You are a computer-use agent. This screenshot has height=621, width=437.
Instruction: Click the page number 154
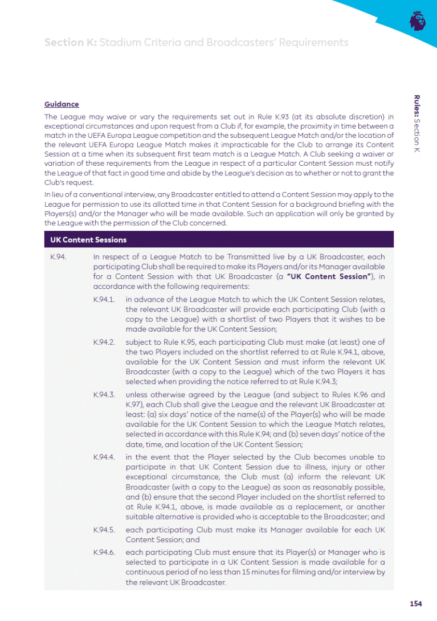tap(415, 604)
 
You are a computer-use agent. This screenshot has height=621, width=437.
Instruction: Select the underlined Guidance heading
tap(62, 104)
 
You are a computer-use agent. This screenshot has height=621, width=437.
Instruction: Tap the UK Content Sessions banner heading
tap(89, 239)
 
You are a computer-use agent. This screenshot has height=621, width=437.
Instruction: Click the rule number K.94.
tap(58, 257)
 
